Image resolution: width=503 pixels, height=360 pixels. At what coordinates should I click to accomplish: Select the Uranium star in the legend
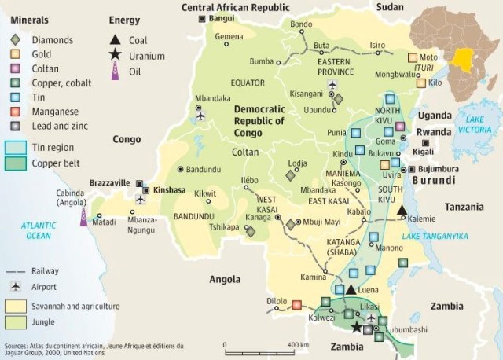(115, 54)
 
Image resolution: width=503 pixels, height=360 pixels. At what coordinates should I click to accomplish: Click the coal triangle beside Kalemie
(402, 209)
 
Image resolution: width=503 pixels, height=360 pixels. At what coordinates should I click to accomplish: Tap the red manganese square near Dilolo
(296, 304)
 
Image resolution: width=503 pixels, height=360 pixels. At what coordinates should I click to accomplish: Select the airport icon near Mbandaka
(200, 116)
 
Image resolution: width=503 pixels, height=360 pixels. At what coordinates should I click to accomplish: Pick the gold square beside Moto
(410, 57)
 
